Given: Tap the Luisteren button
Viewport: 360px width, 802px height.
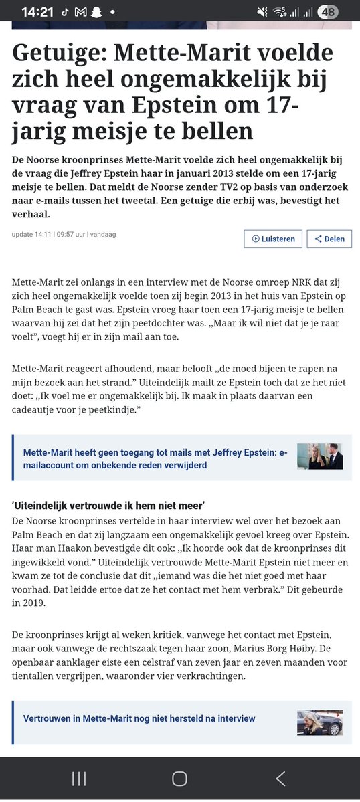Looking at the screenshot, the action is tap(273, 239).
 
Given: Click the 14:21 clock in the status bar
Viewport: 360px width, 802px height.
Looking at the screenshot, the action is tap(37, 12).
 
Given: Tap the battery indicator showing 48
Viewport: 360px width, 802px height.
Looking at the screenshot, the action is tap(327, 12).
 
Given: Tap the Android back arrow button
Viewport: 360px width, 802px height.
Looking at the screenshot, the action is tap(280, 778).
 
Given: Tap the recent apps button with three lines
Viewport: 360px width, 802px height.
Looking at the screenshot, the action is tap(79, 778).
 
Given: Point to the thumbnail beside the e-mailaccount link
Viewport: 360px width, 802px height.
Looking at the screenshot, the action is tap(320, 456).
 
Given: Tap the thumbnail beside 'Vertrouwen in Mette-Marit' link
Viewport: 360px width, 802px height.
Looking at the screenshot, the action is tap(320, 723).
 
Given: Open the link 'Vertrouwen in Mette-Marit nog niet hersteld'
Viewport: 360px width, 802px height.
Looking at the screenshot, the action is tap(139, 718).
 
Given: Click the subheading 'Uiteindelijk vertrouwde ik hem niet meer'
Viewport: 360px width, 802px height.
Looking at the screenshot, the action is tap(108, 506).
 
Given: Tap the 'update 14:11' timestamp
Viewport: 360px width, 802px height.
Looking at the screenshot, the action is tap(30, 235).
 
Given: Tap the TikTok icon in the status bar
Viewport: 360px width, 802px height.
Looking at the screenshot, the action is tap(64, 13).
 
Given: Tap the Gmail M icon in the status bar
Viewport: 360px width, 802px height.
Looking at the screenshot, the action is tap(80, 13).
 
